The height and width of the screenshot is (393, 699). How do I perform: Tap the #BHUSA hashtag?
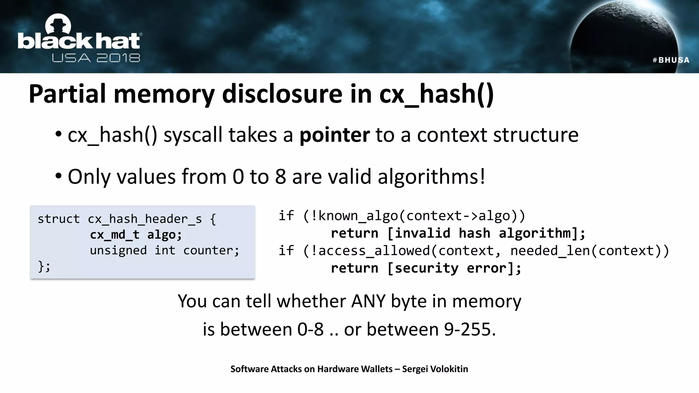(x=671, y=60)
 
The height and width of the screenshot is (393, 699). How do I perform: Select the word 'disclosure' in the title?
(x=282, y=94)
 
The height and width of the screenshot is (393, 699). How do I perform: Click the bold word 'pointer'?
(x=334, y=135)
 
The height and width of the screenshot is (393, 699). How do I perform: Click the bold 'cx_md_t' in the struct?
(x=115, y=235)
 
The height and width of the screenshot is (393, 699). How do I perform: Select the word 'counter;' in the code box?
(x=211, y=250)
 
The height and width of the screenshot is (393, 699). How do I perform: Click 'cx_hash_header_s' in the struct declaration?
(x=145, y=219)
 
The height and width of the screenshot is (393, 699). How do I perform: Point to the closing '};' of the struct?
(x=44, y=266)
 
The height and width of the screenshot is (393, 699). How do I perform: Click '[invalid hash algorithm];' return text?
(x=486, y=233)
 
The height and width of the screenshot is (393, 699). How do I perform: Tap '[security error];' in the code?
(x=454, y=268)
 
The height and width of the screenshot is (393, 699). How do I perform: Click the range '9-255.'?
(x=470, y=330)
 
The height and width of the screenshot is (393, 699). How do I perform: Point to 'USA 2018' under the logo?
(x=96, y=58)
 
